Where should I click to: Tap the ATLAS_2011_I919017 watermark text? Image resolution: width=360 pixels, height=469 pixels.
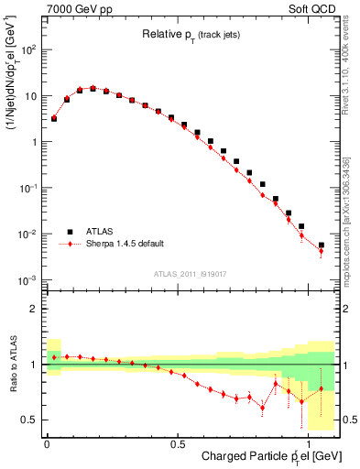[x=190, y=272]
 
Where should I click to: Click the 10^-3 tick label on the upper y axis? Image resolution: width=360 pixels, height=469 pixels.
[x=29, y=280]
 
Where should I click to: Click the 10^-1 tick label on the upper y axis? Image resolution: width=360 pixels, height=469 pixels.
[x=29, y=188]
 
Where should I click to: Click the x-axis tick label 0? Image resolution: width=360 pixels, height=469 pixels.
[x=47, y=443]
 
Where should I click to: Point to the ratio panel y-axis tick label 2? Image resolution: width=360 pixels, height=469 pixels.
[x=34, y=309]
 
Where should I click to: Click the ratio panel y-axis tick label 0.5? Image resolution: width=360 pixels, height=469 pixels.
[x=29, y=420]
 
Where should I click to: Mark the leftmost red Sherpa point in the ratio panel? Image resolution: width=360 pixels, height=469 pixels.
[x=54, y=357]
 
